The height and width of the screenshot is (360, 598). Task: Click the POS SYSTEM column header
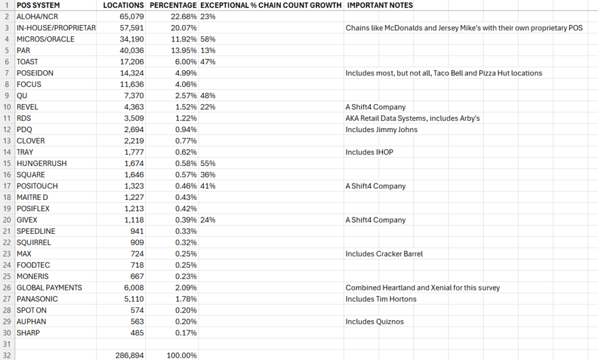click(x=38, y=5)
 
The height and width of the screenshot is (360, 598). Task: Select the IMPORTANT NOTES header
click(x=380, y=5)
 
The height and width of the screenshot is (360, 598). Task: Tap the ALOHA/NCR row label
click(x=37, y=16)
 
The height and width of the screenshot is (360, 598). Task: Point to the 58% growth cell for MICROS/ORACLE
click(x=208, y=39)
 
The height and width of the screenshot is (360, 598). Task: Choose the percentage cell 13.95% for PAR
click(x=182, y=50)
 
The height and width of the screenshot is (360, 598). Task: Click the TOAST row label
click(x=27, y=62)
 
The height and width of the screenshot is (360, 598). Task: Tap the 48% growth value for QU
click(x=208, y=95)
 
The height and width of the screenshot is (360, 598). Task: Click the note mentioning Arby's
click(x=412, y=118)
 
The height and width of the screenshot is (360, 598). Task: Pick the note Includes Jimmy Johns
click(x=381, y=129)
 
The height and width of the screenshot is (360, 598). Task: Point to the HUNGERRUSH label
click(x=41, y=163)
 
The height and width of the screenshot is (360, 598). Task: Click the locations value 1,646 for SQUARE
click(x=133, y=175)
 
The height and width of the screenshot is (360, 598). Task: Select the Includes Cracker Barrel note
click(x=384, y=254)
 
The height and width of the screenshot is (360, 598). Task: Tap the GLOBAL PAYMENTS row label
click(x=49, y=288)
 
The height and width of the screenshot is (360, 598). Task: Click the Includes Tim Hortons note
click(x=381, y=299)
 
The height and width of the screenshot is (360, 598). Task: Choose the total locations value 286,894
click(x=130, y=355)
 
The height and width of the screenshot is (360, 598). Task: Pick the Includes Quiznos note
click(x=374, y=321)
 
